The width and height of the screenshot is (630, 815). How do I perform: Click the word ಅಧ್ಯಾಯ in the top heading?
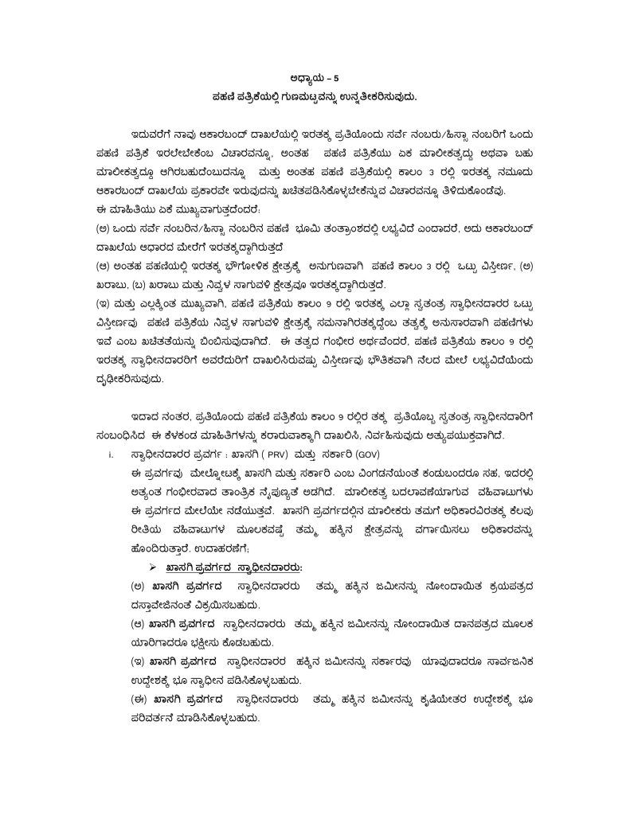click(x=309, y=78)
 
